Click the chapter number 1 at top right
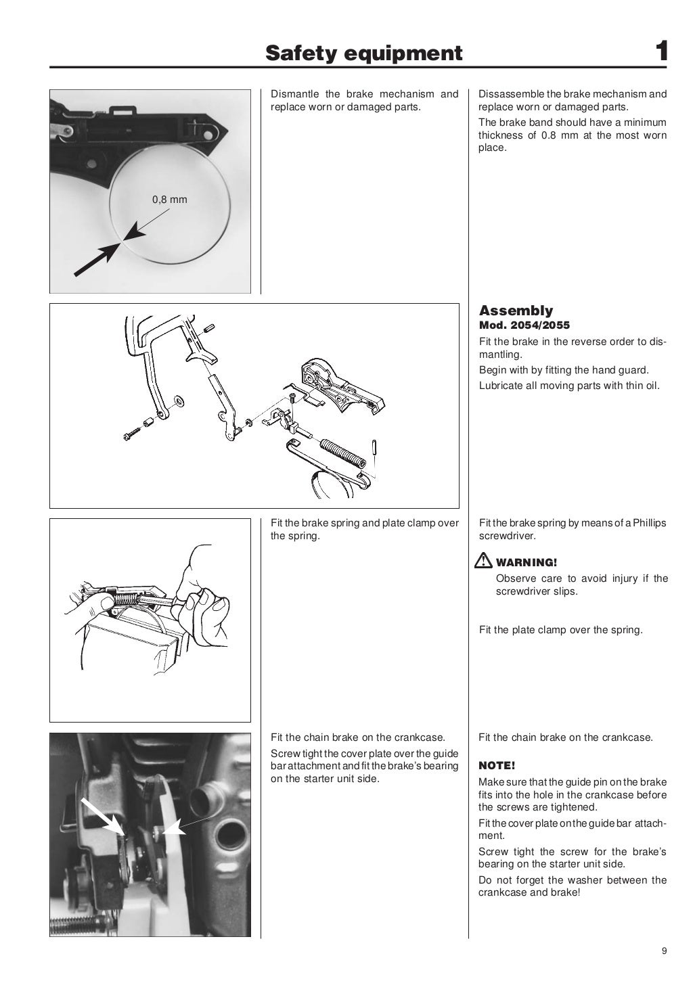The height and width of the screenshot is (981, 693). [662, 52]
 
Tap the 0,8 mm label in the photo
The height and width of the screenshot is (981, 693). [169, 200]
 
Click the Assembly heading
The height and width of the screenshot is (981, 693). [516, 311]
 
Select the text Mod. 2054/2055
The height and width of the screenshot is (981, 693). [524, 325]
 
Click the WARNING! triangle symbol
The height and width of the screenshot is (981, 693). [485, 561]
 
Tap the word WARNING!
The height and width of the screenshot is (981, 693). [527, 562]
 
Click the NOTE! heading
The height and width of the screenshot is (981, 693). [497, 766]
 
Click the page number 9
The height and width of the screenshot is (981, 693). [664, 951]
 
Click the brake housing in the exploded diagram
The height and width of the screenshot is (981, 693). [338, 386]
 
